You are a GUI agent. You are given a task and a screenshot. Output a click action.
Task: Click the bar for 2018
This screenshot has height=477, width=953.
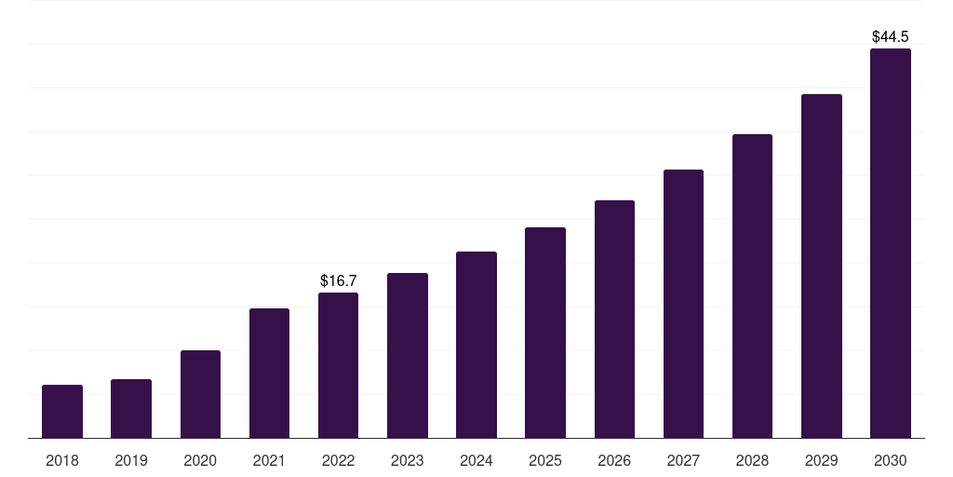tap(62, 411)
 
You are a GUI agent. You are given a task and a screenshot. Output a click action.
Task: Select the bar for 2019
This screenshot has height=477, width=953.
tap(131, 409)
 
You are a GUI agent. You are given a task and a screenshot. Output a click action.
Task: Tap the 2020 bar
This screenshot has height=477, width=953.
tap(201, 394)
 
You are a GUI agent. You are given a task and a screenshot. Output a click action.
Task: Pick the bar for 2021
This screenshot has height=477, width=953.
tap(269, 373)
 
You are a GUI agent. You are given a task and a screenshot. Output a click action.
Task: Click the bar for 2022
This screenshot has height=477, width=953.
tap(338, 365)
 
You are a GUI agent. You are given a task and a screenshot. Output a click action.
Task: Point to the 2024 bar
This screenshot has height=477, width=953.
tap(476, 345)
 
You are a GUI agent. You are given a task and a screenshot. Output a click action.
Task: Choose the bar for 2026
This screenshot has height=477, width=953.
tap(614, 319)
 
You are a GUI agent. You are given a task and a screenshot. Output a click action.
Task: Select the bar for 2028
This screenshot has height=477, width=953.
tap(752, 286)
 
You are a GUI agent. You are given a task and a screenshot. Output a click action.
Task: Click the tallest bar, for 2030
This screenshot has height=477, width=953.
tap(891, 243)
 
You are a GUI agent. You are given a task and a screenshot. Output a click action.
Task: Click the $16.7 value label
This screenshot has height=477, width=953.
tap(339, 280)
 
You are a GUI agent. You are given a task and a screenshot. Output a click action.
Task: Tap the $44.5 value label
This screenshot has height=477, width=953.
tap(891, 36)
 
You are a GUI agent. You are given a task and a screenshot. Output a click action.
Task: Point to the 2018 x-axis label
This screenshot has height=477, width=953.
tap(62, 460)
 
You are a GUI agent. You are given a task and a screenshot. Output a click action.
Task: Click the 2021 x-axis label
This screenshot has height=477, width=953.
tap(269, 460)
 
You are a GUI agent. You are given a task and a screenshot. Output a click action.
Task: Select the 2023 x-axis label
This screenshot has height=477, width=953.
tap(408, 460)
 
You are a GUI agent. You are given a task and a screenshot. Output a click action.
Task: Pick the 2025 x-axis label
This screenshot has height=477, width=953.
tap(545, 460)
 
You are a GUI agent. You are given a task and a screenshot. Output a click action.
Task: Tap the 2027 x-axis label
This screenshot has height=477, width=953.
tap(683, 460)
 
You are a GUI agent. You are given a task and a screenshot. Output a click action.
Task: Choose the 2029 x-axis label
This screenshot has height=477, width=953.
tap(821, 460)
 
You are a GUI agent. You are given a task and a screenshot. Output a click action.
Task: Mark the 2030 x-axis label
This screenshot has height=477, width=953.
tap(891, 460)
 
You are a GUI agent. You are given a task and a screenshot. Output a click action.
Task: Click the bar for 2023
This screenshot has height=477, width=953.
tap(408, 355)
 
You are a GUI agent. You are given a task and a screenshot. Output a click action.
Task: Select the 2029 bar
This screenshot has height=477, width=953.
tap(822, 266)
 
